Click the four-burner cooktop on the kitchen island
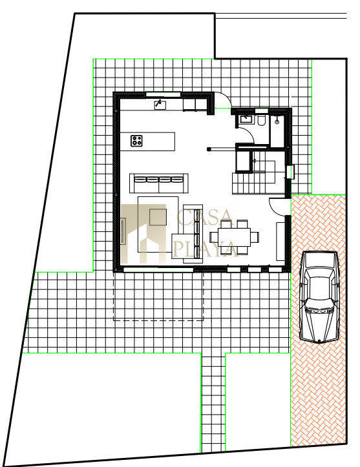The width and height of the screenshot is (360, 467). pyautogui.click(x=136, y=141)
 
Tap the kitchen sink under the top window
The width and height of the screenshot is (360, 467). pyautogui.click(x=160, y=105)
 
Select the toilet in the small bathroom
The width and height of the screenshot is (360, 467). pyautogui.click(x=262, y=120)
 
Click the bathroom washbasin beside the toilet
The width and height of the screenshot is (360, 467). pyautogui.click(x=246, y=119)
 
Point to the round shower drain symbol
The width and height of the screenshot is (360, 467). pyautogui.click(x=277, y=122)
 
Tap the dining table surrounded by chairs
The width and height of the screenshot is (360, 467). pyautogui.click(x=234, y=237)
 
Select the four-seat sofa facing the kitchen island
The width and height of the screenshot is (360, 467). pyautogui.click(x=158, y=183)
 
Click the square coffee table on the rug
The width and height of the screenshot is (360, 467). pyautogui.click(x=158, y=217)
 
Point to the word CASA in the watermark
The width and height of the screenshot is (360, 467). pyautogui.click(x=204, y=218)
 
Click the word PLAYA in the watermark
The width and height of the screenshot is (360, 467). pyautogui.click(x=206, y=249)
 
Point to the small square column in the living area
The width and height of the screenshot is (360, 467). pyautogui.click(x=209, y=149)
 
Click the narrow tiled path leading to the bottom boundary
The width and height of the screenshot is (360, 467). pyautogui.click(x=213, y=402)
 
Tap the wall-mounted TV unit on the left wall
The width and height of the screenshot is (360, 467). pyautogui.click(x=123, y=231)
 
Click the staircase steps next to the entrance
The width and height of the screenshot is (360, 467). pyautogui.click(x=258, y=178)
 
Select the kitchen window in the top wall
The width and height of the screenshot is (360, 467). pyautogui.click(x=163, y=94)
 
